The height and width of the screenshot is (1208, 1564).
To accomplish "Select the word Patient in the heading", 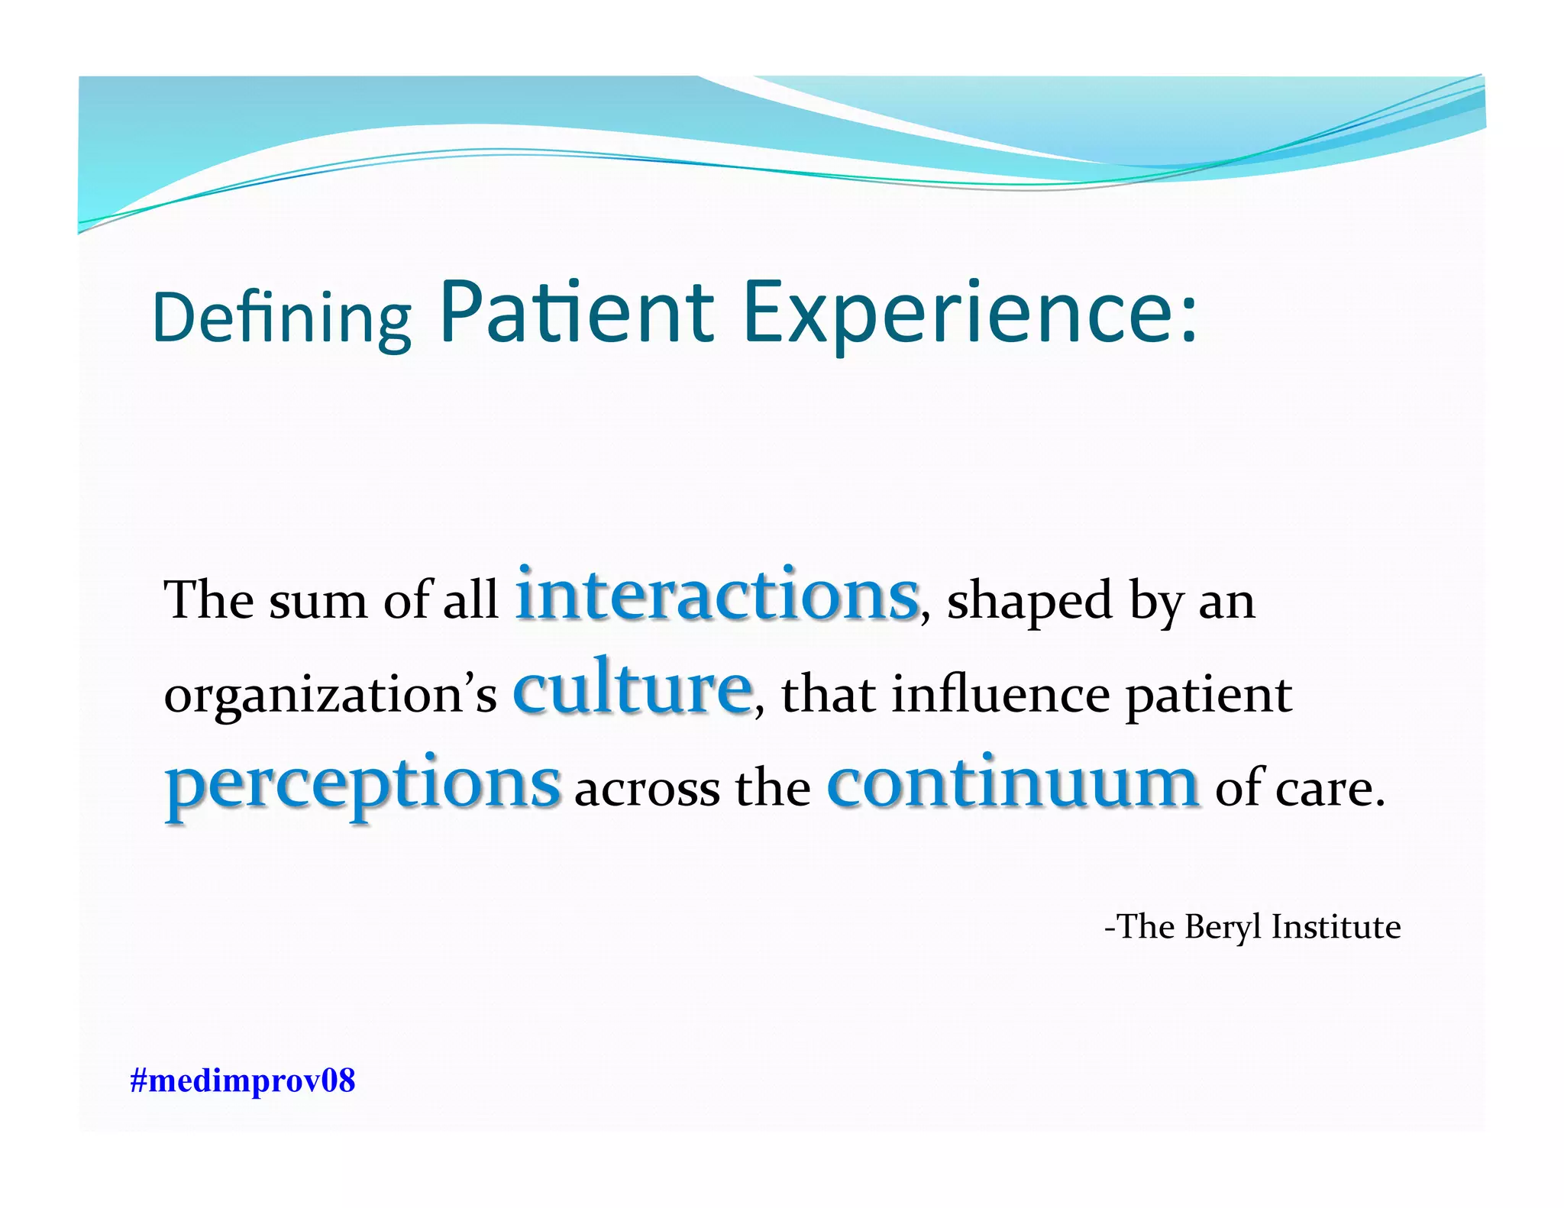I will (x=577, y=312).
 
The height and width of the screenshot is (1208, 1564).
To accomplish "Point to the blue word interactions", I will (x=716, y=596).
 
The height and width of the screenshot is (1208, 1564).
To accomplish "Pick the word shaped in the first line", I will (x=1029, y=602).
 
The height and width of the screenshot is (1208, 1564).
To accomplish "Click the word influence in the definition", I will (x=1000, y=695).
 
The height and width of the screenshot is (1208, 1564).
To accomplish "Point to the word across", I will (x=646, y=789).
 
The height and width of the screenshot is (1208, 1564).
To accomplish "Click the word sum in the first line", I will (x=318, y=602).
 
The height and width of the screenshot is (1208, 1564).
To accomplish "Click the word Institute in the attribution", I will (x=1336, y=927).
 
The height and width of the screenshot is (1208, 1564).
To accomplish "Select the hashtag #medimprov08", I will (x=243, y=1081).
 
